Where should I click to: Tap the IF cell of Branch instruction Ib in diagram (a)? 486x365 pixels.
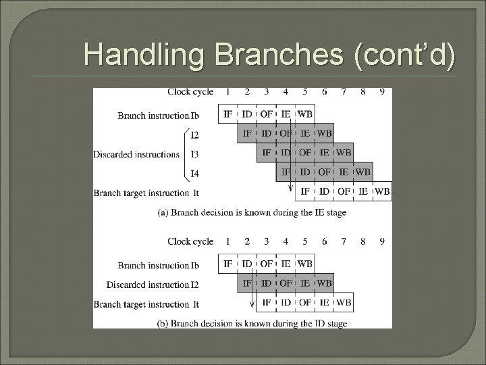tap(228, 114)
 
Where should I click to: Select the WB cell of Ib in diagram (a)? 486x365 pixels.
tap(304, 114)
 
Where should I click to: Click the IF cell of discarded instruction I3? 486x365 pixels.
tap(267, 153)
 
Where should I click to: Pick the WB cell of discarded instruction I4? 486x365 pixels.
tap(362, 172)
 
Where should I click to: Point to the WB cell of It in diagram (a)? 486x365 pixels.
tap(382, 191)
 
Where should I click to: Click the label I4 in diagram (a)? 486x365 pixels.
tap(194, 174)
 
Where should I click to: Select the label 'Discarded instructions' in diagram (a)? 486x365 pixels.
tap(137, 154)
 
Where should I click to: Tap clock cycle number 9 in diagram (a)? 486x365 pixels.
tap(382, 92)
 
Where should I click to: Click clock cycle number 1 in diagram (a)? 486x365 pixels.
tap(228, 92)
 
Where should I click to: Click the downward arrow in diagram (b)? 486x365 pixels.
tap(252, 297)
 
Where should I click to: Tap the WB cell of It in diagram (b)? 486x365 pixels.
tap(344, 302)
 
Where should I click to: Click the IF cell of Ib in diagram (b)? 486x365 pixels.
tap(228, 264)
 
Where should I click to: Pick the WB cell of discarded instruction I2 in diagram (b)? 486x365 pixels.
tap(324, 283)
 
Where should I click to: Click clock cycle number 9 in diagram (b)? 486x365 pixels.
tap(382, 241)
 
